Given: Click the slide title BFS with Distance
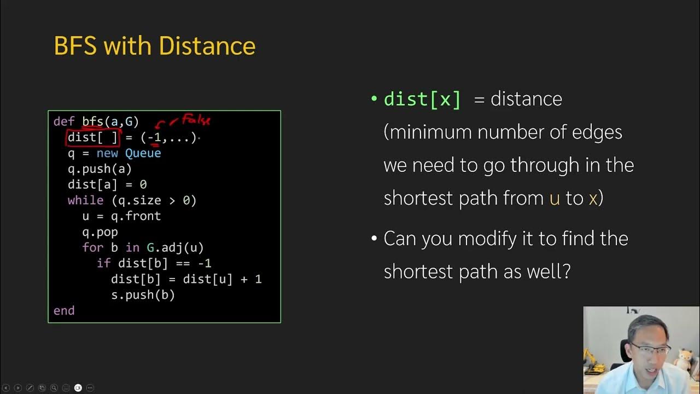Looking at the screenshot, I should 155,47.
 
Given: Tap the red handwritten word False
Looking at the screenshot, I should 196,119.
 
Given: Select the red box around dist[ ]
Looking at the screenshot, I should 92,137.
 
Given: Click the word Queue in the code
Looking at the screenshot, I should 143,153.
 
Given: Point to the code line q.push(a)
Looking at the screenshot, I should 100,169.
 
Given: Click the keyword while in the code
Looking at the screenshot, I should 85,200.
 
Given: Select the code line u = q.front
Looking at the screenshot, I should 121,216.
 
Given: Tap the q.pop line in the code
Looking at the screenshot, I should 100,232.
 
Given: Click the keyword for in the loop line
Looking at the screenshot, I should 92,248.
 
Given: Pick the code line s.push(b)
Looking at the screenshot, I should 143,295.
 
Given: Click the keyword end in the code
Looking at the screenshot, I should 64,311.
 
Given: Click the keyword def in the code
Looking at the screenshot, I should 64,121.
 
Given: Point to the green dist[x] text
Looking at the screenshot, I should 423,99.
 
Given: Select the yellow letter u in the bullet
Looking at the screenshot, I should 555,198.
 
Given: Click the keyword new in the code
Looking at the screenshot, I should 107,153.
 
